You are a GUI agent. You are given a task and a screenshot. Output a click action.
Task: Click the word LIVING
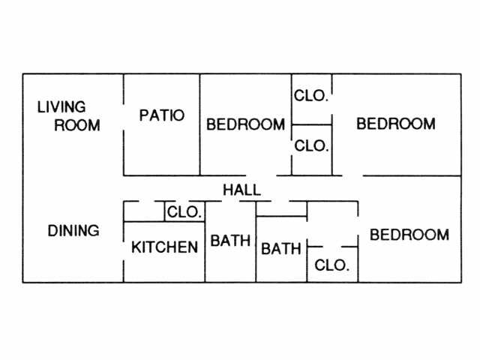(x=61, y=107)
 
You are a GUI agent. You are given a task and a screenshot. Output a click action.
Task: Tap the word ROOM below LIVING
(x=77, y=125)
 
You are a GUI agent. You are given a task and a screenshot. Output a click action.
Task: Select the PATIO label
(x=162, y=115)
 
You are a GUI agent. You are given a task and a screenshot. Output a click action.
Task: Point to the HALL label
(x=241, y=190)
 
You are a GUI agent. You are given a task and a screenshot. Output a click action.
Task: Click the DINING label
(x=73, y=231)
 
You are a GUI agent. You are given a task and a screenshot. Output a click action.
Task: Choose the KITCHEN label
(x=165, y=247)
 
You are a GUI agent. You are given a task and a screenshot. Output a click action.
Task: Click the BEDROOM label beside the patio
(x=245, y=124)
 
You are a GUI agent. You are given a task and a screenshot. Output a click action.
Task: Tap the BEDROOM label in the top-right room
(x=395, y=124)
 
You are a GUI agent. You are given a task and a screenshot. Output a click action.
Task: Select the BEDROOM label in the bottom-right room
(x=409, y=235)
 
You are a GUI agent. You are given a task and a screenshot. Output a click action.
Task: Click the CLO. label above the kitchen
(x=184, y=212)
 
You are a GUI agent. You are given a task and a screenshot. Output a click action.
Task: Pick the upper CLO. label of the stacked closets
(x=311, y=96)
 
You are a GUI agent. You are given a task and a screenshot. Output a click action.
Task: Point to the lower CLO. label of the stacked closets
(x=311, y=146)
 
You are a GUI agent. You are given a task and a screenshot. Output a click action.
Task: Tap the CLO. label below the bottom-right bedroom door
(x=331, y=265)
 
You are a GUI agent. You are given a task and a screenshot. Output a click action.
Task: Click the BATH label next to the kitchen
(x=230, y=241)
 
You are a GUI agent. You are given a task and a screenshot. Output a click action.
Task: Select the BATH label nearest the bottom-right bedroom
(x=281, y=249)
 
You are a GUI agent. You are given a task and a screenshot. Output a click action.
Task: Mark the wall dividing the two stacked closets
(x=311, y=124)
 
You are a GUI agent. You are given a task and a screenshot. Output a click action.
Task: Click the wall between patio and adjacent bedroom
(x=199, y=124)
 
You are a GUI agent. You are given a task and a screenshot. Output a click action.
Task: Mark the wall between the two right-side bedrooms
(x=412, y=176)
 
